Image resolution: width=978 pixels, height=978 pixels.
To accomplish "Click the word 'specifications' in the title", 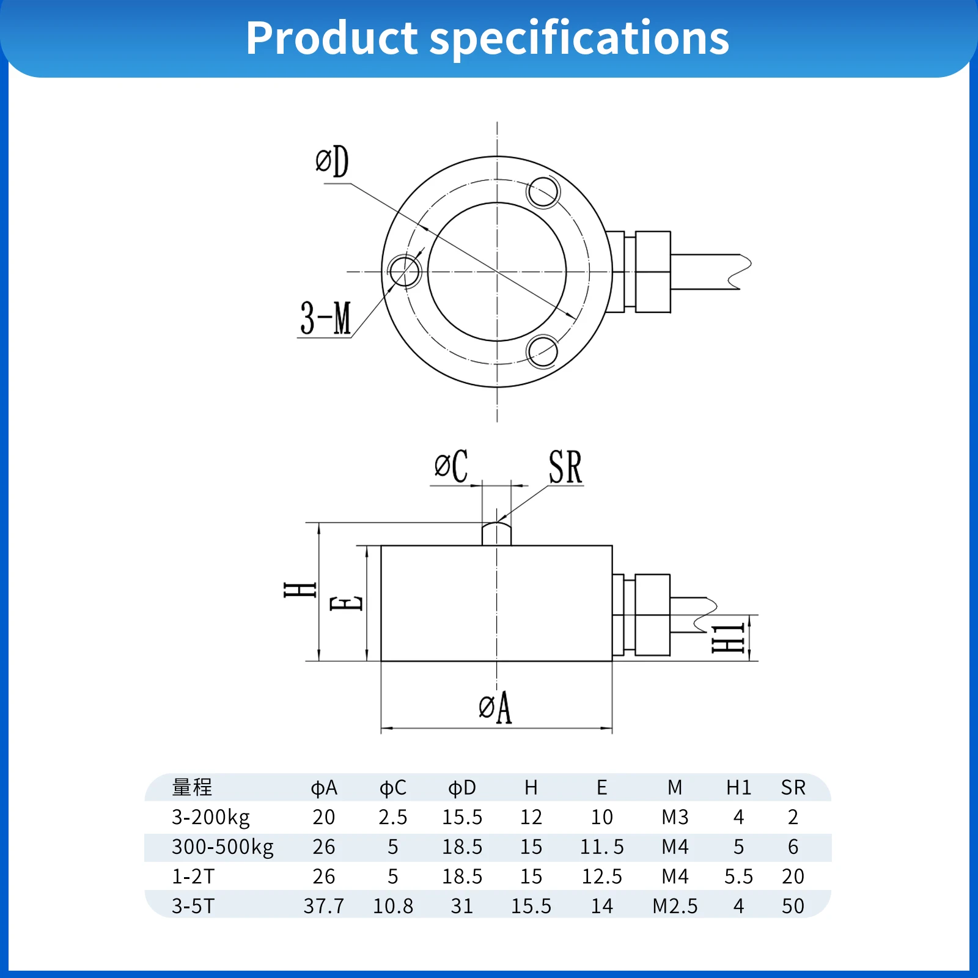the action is tap(579, 38).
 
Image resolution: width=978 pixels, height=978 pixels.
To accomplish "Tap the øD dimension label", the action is tap(332, 162).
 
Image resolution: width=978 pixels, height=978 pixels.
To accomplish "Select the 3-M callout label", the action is tap(326, 318).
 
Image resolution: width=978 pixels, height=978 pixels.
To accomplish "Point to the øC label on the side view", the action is tap(451, 466).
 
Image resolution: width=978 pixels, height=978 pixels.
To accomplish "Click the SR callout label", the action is tap(565, 467).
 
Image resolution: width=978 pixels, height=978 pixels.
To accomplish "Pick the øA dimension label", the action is tap(495, 707).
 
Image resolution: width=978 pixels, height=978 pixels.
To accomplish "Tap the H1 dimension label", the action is tap(728, 638).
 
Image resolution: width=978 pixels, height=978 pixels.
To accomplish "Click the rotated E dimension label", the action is tap(347, 603).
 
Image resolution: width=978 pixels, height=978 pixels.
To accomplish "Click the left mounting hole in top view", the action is tap(404, 271).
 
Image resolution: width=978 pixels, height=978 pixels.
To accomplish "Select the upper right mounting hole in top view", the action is tap(543, 192).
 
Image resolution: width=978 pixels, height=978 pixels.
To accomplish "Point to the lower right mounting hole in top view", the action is tap(542, 351).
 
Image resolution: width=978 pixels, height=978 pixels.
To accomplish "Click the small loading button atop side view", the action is tap(496, 533).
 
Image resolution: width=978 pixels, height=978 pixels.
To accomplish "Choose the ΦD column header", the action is tap(462, 788).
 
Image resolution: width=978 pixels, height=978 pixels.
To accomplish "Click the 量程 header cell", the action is tap(192, 787).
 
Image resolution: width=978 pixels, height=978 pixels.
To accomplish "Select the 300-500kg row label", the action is tap(222, 847).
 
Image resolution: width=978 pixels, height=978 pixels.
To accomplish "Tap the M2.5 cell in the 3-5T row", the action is tap(675, 906).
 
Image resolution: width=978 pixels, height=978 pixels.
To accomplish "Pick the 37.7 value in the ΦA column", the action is tap(324, 906).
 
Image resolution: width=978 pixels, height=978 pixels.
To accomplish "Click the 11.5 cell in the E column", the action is tap(602, 847).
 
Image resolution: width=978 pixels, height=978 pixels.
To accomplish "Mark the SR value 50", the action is tap(793, 906).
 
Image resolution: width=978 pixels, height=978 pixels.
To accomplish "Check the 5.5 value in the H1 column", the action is tap(738, 877).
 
